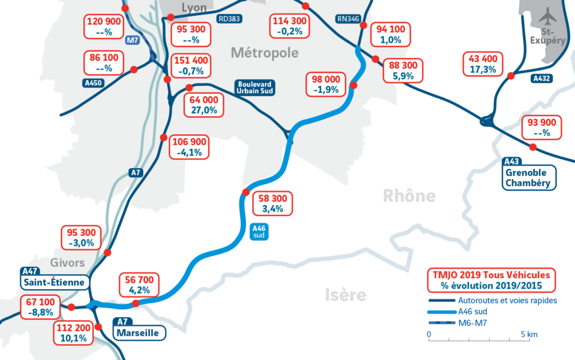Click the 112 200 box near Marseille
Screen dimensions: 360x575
pyautogui.click(x=71, y=334)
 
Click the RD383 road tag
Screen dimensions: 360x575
pyautogui.click(x=230, y=19)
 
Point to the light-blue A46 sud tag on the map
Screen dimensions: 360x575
pyautogui.click(x=258, y=231)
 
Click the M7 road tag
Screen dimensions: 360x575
pyautogui.click(x=133, y=40)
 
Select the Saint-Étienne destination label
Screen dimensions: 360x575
pyautogui.click(x=54, y=281)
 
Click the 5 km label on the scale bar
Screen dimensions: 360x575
pyautogui.click(x=529, y=334)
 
